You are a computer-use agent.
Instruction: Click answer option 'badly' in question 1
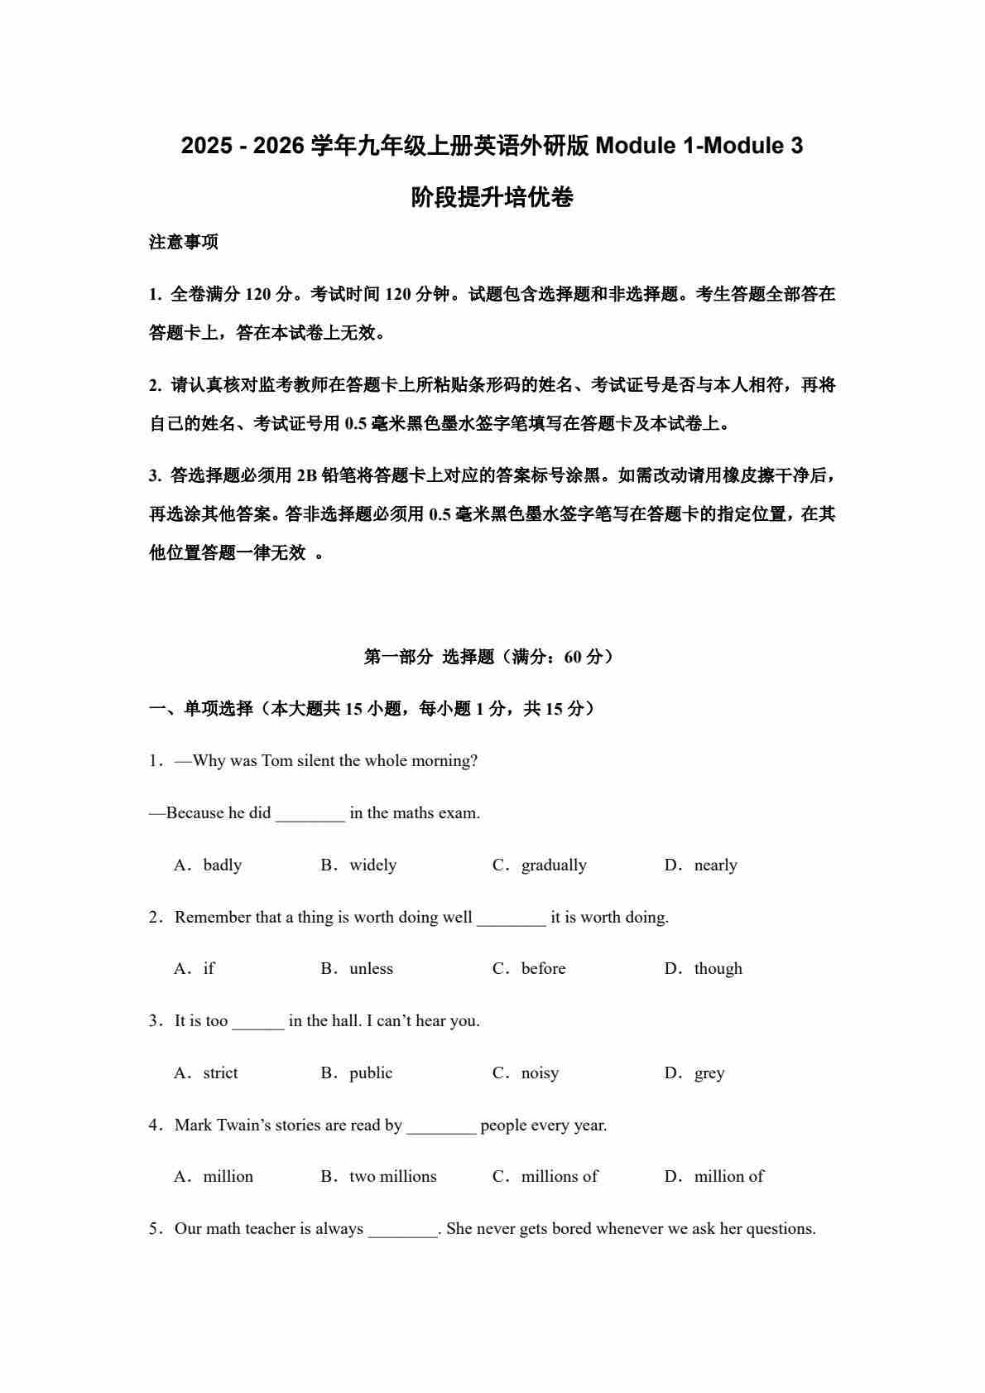click(x=222, y=865)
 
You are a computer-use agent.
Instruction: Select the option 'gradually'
click(x=553, y=865)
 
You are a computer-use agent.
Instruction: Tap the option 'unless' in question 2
click(x=371, y=969)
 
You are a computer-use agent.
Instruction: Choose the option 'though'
click(x=718, y=969)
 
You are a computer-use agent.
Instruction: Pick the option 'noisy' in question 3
click(x=540, y=1073)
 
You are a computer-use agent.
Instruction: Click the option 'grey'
click(x=709, y=1073)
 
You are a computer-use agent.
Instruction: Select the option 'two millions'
click(x=392, y=1177)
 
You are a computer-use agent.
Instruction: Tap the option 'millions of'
click(x=559, y=1177)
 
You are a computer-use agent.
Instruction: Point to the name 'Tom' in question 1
click(x=276, y=761)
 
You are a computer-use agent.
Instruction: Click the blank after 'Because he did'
click(x=310, y=814)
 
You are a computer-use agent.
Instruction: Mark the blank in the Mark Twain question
click(x=441, y=1126)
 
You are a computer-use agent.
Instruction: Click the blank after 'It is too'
click(x=257, y=1022)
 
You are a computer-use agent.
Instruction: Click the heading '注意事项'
click(x=184, y=243)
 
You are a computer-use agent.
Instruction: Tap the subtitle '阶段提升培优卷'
click(x=492, y=198)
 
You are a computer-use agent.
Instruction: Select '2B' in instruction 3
click(x=307, y=475)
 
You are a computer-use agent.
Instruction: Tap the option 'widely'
click(x=372, y=865)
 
